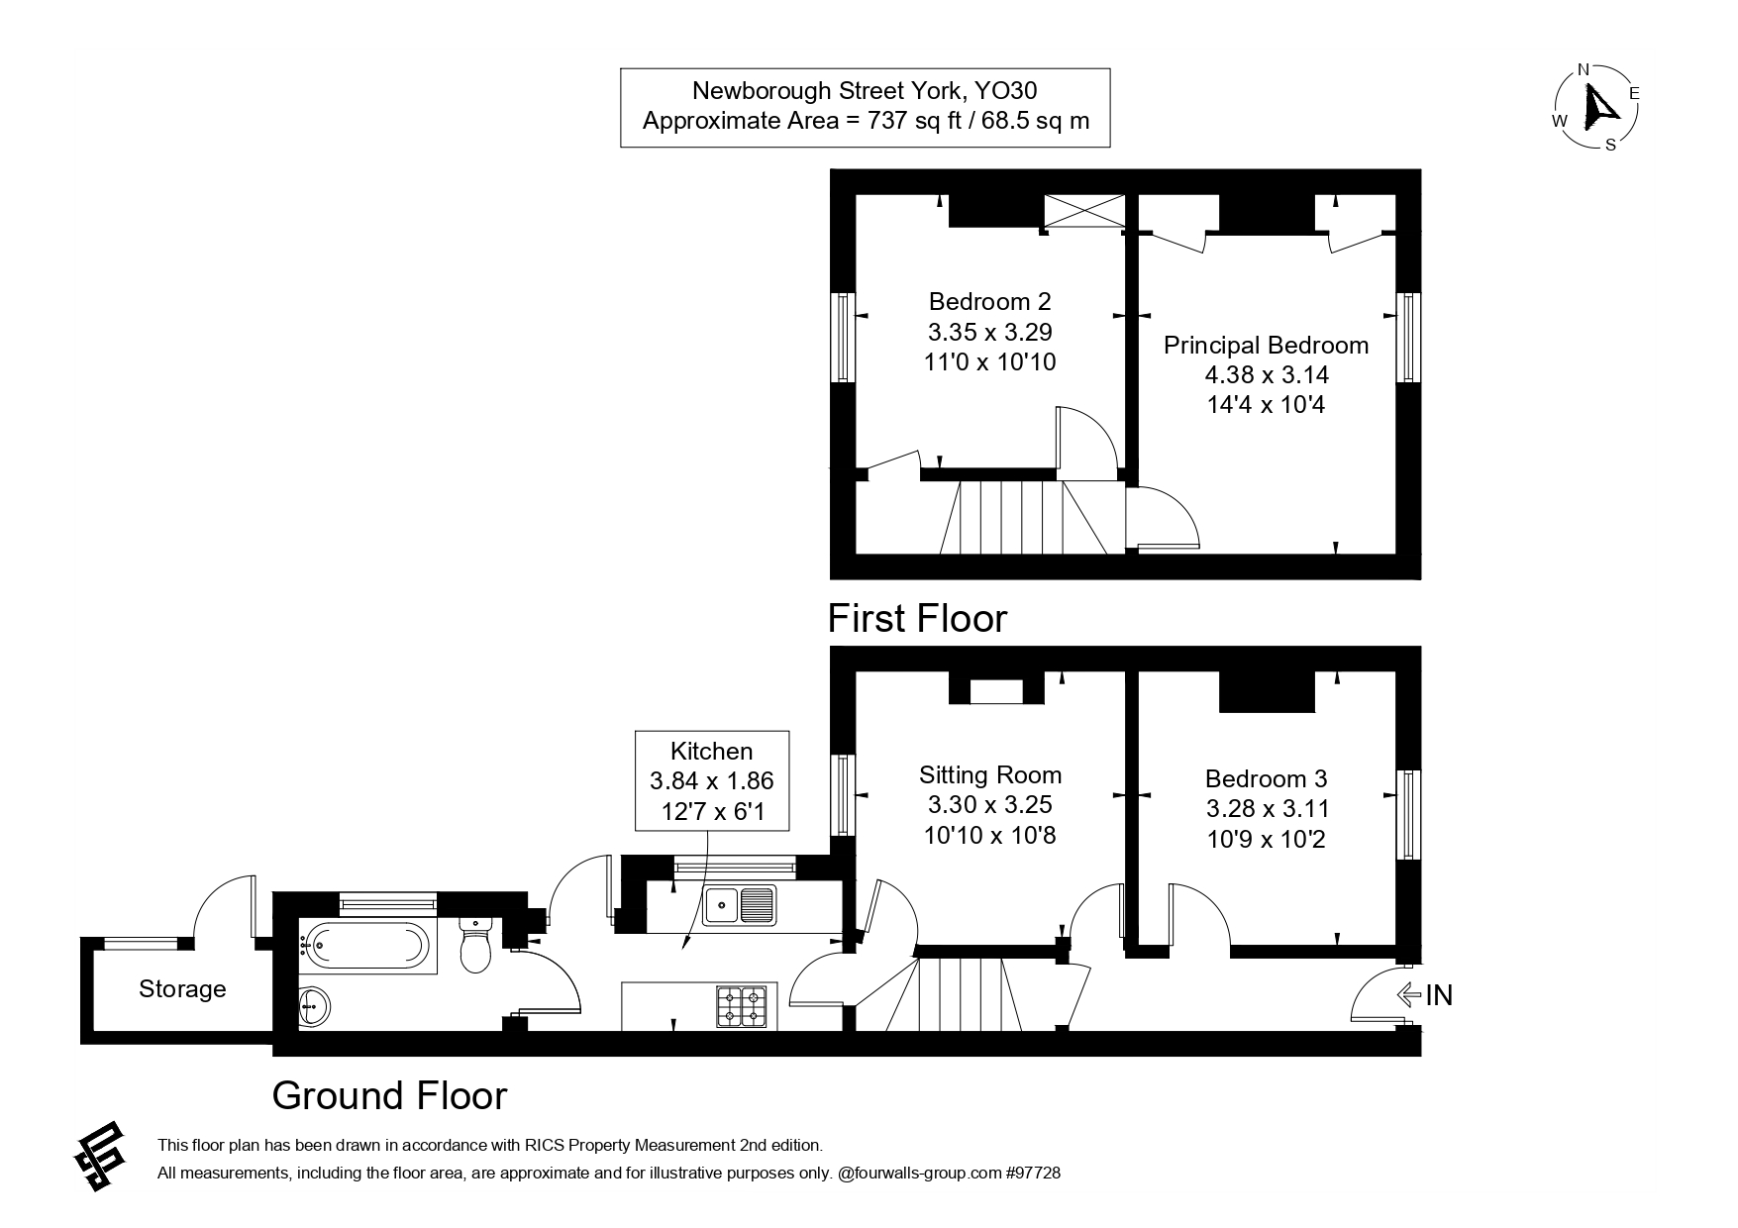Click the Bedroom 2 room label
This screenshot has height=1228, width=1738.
989,301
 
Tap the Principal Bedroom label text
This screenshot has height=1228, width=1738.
1266,346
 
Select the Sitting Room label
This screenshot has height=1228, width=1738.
989,775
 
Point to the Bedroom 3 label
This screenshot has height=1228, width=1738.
1266,778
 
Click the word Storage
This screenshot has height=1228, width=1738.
182,988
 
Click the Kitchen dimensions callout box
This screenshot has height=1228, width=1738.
711,781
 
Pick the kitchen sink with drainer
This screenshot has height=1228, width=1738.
739,905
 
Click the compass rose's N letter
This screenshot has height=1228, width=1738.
1583,69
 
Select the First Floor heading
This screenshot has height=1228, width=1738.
917,618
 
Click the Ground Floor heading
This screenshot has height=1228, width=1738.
389,1095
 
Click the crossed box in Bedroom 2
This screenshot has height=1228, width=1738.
1084,211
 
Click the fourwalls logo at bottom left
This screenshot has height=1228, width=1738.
101,1156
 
